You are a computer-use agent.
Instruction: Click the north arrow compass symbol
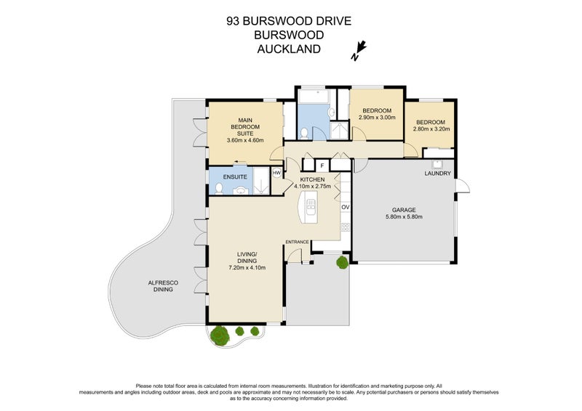pyautogui.click(x=358, y=49)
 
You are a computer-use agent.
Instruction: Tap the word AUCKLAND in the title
pyautogui.click(x=289, y=49)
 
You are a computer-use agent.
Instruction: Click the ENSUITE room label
pyautogui.click(x=235, y=176)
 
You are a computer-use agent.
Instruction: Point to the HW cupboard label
pyautogui.click(x=276, y=173)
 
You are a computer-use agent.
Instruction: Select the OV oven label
pyautogui.click(x=346, y=207)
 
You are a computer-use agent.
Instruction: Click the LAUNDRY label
pyautogui.click(x=438, y=174)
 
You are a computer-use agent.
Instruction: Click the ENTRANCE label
pyautogui.click(x=298, y=242)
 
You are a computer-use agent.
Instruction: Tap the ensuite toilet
pyautogui.click(x=218, y=188)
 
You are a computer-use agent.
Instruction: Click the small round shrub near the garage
pyautogui.click(x=341, y=261)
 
